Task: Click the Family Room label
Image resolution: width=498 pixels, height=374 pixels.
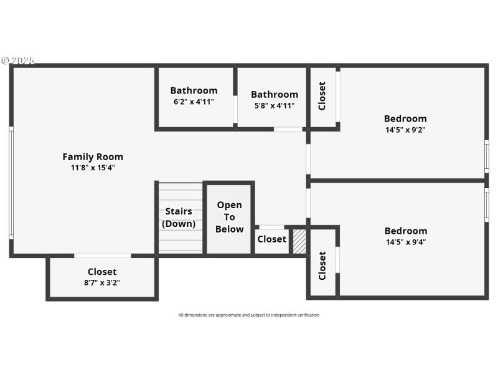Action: point(93,157)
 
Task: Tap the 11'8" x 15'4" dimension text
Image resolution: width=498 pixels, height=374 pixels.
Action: point(93,168)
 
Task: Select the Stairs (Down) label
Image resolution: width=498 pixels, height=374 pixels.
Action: point(179,218)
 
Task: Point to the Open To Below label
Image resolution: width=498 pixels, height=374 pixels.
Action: point(229,217)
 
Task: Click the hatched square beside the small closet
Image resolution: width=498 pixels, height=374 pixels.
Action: point(299,241)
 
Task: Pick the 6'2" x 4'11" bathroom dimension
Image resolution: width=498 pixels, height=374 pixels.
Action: point(194,102)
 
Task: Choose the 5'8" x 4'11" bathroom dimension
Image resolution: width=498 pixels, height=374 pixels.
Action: point(275,106)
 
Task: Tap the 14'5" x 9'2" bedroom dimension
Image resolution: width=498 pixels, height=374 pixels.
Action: point(405,130)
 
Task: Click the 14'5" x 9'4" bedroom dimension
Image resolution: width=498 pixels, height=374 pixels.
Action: point(405,242)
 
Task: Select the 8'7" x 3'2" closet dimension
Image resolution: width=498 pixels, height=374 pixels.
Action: point(102,282)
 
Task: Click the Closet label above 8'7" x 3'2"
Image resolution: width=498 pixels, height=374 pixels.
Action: point(102,272)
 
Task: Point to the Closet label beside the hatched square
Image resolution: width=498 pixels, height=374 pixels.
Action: point(271,239)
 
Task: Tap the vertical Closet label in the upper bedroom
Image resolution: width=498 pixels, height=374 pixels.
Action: point(322,96)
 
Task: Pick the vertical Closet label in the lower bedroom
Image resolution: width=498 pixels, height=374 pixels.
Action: point(322,266)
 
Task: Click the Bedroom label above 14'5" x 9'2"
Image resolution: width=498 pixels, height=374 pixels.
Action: point(405,119)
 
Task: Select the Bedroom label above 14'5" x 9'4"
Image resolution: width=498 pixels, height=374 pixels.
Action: point(405,231)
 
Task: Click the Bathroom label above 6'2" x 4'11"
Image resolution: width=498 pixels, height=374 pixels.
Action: point(194,90)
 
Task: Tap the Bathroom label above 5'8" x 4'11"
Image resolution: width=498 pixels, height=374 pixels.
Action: point(275,95)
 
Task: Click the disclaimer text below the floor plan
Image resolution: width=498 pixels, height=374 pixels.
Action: point(249,315)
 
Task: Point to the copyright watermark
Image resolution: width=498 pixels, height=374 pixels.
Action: point(18,60)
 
